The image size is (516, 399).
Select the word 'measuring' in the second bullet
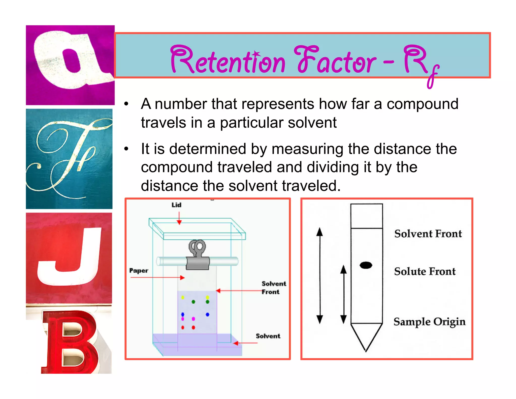[x=308, y=149]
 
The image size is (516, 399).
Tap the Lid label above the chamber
[x=176, y=205]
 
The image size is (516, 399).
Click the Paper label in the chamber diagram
[x=139, y=271]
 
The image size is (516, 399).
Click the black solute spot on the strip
[x=366, y=265]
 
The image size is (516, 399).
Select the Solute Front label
[x=425, y=272]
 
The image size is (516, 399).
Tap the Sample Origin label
[x=429, y=322]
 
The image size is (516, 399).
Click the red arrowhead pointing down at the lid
[x=179, y=222]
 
